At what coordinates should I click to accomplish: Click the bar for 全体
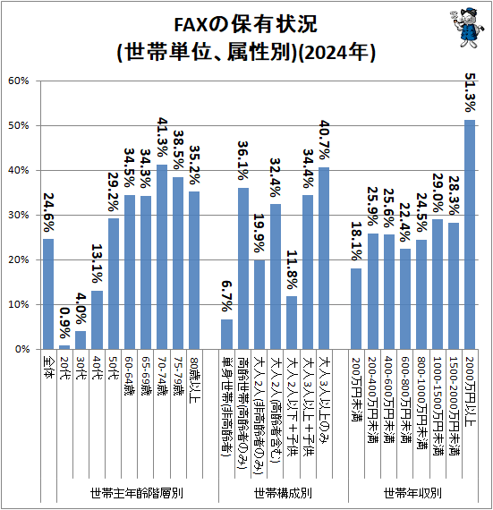tap(48, 293)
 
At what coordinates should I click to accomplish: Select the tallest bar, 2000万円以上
tap(469, 234)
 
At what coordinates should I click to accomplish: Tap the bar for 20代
tap(64, 346)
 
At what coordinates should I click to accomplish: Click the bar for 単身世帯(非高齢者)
tap(227, 334)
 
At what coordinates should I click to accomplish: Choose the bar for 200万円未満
tap(356, 309)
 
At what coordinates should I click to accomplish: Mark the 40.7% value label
tap(324, 141)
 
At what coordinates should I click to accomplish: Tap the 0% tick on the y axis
tap(24, 349)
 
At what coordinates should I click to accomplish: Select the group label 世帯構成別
tap(283, 491)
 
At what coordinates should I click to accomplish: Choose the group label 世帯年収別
tap(412, 491)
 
